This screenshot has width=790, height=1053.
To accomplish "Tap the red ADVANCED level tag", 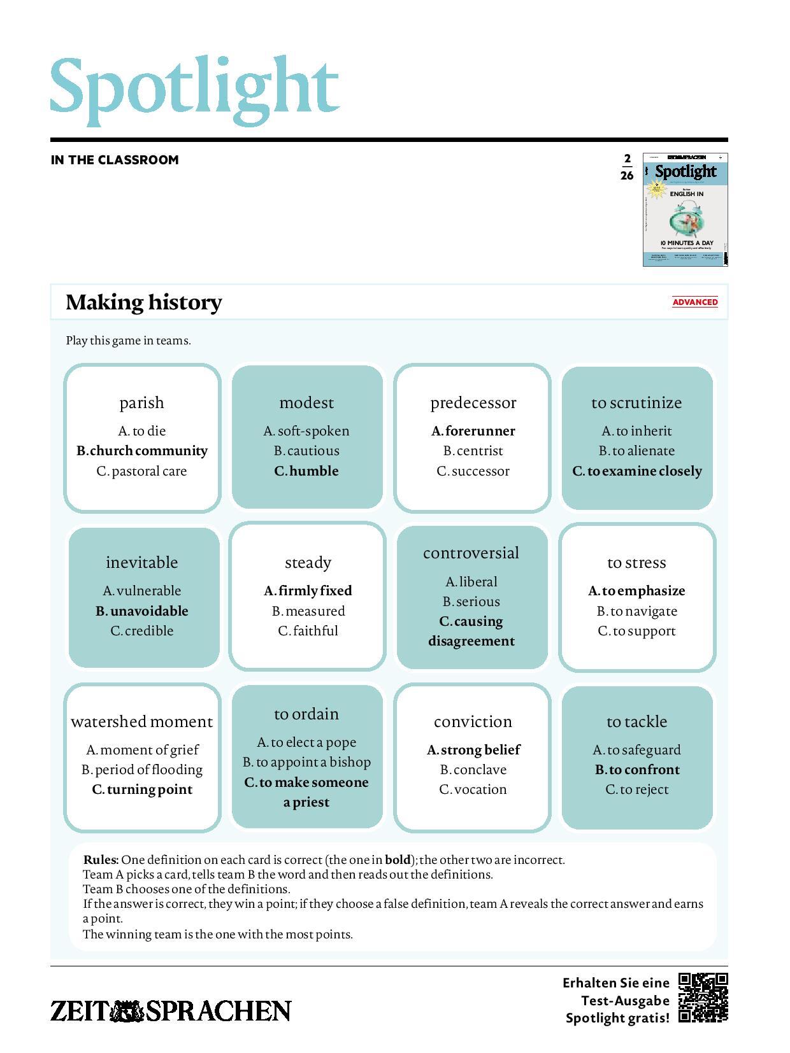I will (694, 302).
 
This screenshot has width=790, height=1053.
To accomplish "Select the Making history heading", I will (144, 302).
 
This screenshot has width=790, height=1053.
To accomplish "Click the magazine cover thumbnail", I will (685, 209).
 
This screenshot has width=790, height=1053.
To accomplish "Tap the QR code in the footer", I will (703, 997).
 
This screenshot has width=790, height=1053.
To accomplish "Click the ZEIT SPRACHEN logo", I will (171, 1011).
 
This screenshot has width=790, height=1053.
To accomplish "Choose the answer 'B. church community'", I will (142, 451).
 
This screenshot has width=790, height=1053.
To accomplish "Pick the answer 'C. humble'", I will (306, 471).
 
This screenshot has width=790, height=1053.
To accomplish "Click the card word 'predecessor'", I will (473, 402).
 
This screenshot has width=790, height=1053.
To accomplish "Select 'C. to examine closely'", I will (637, 471).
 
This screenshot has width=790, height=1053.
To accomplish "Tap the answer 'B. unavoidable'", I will (142, 611).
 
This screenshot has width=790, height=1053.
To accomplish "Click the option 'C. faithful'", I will (308, 631).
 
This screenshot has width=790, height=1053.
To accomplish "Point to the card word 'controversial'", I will (471, 553).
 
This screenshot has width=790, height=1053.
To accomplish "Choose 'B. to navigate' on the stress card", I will (636, 611).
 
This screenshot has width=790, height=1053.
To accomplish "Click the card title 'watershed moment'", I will (142, 721).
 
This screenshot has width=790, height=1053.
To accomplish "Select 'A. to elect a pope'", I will (306, 742).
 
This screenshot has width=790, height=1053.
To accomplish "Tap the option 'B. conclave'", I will (473, 770).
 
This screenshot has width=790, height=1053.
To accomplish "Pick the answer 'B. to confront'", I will (637, 770).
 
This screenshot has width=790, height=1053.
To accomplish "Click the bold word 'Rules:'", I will (101, 860).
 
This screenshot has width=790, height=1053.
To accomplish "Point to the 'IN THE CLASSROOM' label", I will (115, 160).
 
